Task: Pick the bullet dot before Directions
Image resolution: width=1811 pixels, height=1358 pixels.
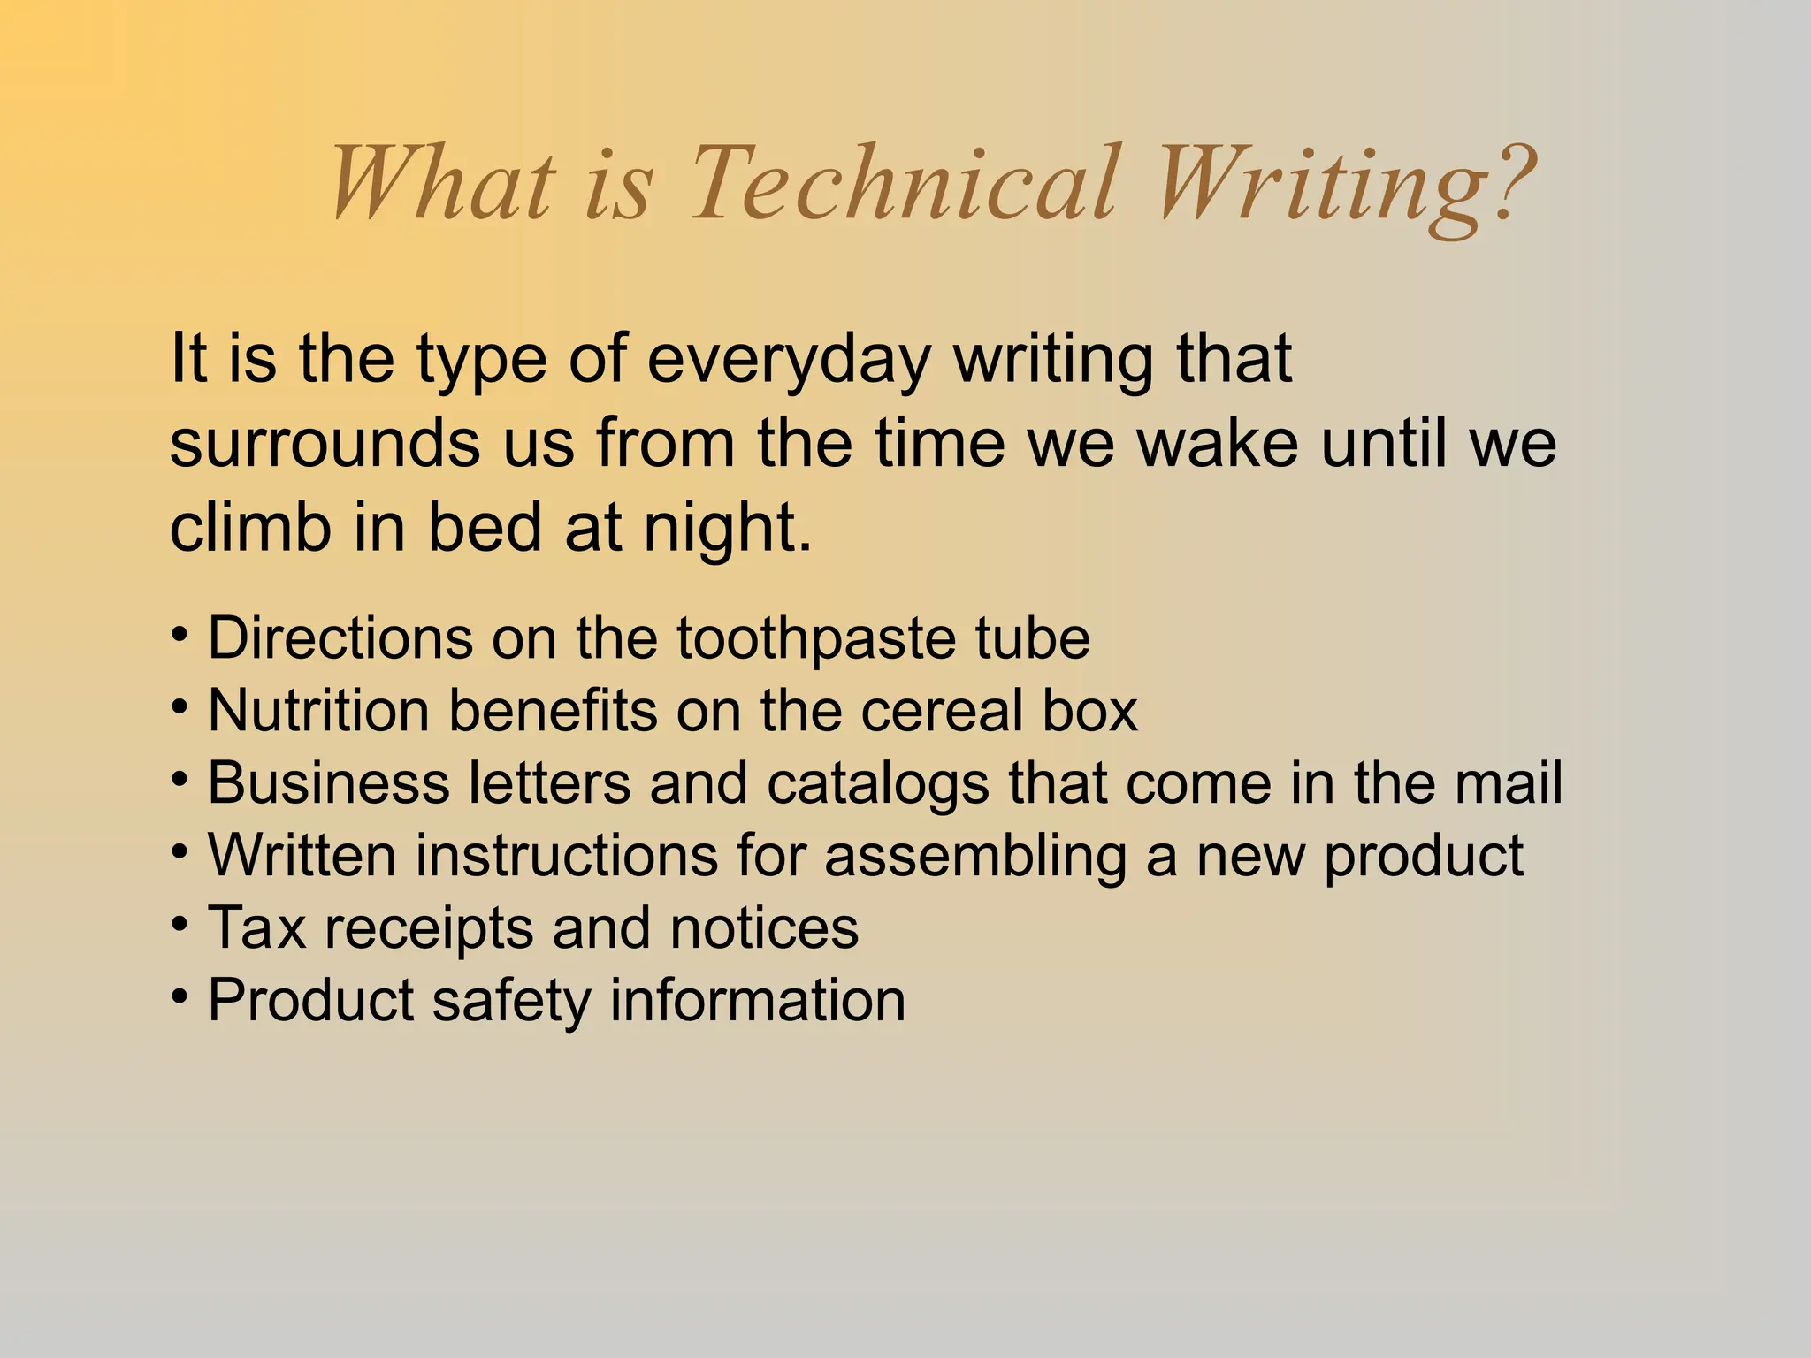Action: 180,635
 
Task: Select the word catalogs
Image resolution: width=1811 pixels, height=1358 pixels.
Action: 878,784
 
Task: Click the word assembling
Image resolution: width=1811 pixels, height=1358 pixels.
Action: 975,857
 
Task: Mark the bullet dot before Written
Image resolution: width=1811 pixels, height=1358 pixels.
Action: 180,852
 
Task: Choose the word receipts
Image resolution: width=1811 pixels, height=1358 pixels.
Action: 429,929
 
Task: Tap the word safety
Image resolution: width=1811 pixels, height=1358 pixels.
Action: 511,1001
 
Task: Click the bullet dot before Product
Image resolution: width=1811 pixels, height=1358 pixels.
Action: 180,997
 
